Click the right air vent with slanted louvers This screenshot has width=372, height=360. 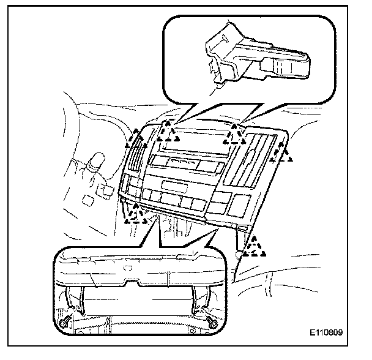[248, 162]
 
